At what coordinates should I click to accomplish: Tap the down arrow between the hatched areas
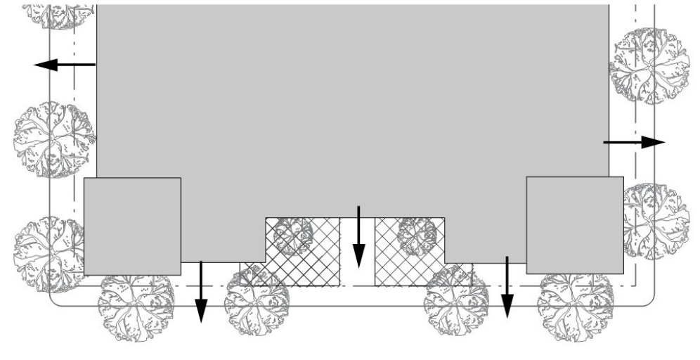358,236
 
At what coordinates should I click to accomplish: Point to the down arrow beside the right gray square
507,287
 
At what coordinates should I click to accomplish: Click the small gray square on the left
132,226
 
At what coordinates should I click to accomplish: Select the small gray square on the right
574,224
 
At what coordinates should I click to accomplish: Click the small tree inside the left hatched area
292,236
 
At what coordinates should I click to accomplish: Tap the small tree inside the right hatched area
417,236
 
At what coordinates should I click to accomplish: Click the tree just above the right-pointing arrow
649,66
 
